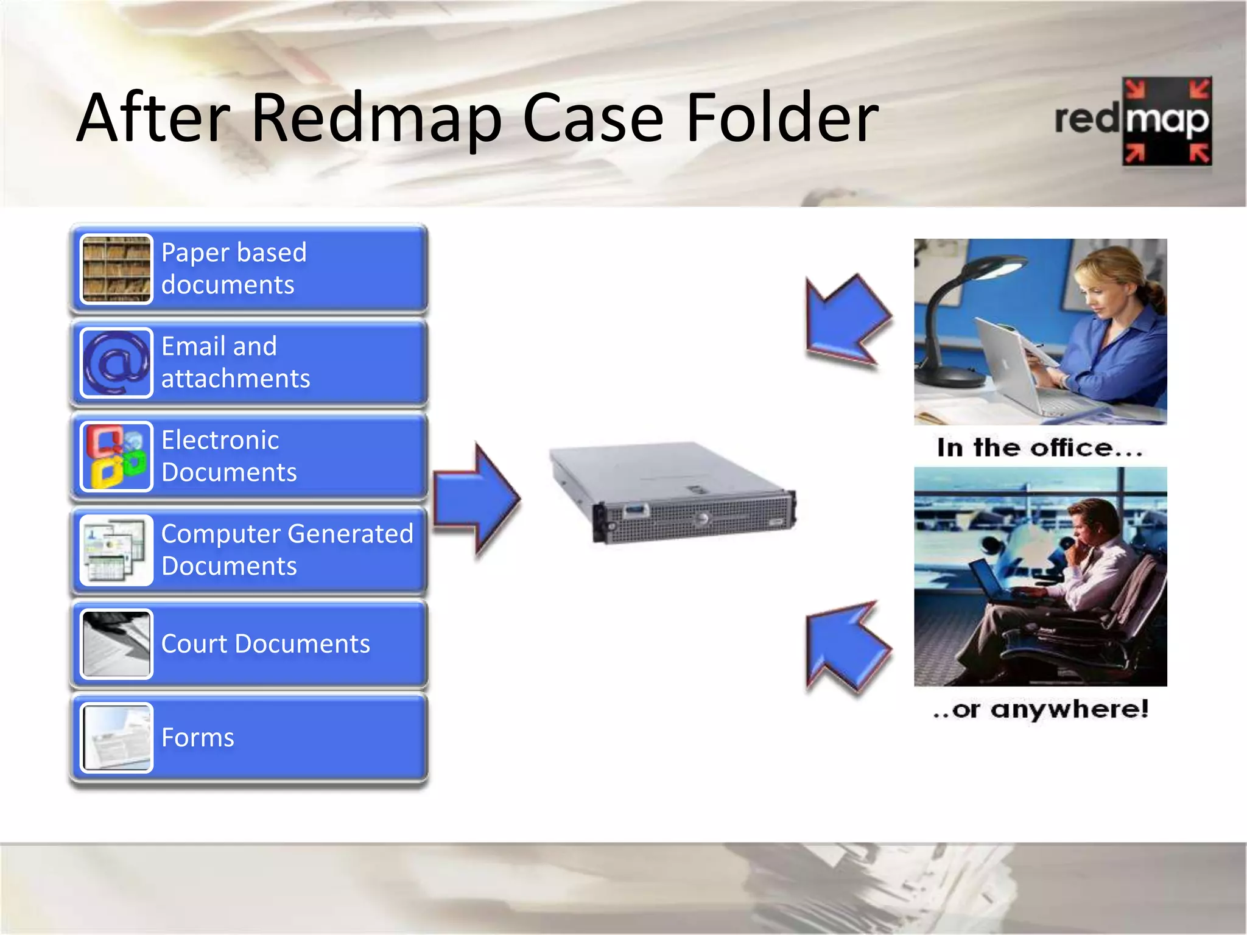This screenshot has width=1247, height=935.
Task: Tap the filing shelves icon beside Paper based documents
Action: point(116,269)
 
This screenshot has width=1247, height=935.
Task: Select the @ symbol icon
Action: point(116,363)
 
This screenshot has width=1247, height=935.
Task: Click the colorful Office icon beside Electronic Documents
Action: point(116,457)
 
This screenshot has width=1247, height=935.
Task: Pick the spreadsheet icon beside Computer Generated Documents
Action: point(116,550)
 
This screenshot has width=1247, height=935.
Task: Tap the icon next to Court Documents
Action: point(116,644)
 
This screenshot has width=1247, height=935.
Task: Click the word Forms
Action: point(197,738)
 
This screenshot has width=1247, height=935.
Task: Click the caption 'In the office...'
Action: point(1039,448)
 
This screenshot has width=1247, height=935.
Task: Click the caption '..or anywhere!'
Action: point(1040,709)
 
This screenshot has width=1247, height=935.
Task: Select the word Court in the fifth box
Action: point(194,644)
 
